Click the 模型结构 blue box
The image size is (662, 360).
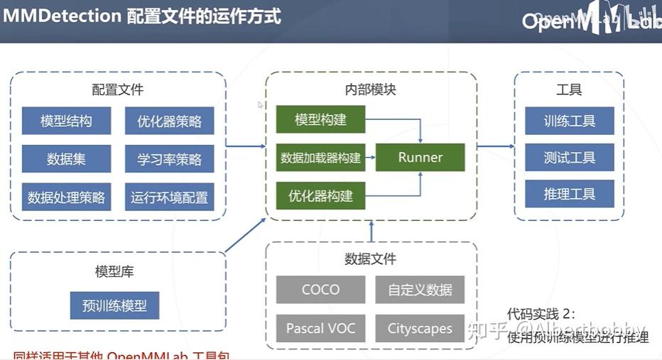point(66,121)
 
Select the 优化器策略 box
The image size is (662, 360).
point(169,121)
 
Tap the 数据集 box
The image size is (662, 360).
point(66,159)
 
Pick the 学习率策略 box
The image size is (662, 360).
point(169,159)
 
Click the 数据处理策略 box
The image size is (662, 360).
point(66,197)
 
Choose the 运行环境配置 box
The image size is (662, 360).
point(169,197)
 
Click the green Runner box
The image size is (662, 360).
point(420,158)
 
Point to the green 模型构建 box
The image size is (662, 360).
point(320,120)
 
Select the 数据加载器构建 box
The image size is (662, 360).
point(320,158)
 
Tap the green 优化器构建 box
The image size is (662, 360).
point(320,195)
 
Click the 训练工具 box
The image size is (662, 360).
point(569,121)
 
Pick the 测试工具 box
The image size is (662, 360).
point(569,158)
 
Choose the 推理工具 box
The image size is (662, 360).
point(569,194)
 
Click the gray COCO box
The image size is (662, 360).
point(320,290)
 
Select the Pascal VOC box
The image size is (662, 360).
point(320,328)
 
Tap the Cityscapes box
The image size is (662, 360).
point(420,328)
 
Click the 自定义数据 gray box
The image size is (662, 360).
point(420,290)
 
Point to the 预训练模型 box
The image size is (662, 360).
point(114,306)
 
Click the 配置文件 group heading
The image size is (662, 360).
point(117,90)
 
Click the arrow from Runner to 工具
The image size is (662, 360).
point(495,147)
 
